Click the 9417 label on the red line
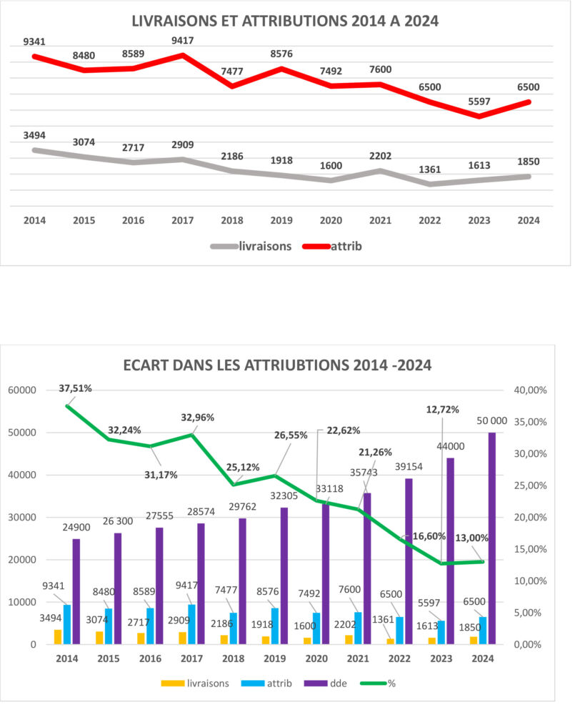[x=183, y=41]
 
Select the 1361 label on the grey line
[x=429, y=170]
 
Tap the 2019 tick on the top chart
[x=281, y=220]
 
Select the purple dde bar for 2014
[x=76, y=591]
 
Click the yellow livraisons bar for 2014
[x=58, y=636]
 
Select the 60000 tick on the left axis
[x=23, y=390]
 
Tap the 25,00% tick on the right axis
[x=529, y=485]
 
